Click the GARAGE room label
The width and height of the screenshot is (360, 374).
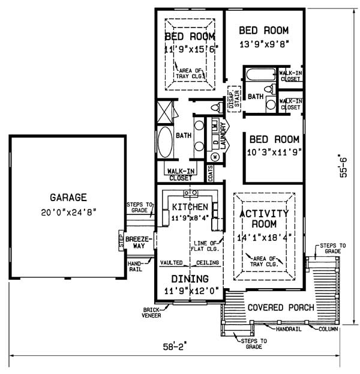68,198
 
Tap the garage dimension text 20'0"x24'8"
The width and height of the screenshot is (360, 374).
68,212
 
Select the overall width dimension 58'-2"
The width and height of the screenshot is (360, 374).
175,346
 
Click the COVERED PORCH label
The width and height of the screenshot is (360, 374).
281,307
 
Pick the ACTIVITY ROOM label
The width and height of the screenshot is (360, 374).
264,219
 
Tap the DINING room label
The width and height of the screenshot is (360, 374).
190,279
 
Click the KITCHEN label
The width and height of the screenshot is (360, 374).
190,207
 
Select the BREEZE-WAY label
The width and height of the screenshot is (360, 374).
139,243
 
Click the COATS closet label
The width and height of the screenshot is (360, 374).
210,173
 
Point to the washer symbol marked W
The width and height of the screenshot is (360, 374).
215,157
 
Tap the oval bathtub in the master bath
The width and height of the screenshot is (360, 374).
165,142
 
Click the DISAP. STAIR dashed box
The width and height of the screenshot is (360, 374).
235,98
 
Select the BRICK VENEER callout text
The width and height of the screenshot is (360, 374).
151,313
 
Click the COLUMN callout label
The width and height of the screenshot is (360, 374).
328,329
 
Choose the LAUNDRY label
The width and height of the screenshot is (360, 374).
223,136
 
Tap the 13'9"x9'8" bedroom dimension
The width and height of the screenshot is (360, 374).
264,44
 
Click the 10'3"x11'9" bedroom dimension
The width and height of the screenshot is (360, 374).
274,152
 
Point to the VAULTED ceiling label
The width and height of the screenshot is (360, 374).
171,262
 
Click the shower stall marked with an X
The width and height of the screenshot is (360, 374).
165,112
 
